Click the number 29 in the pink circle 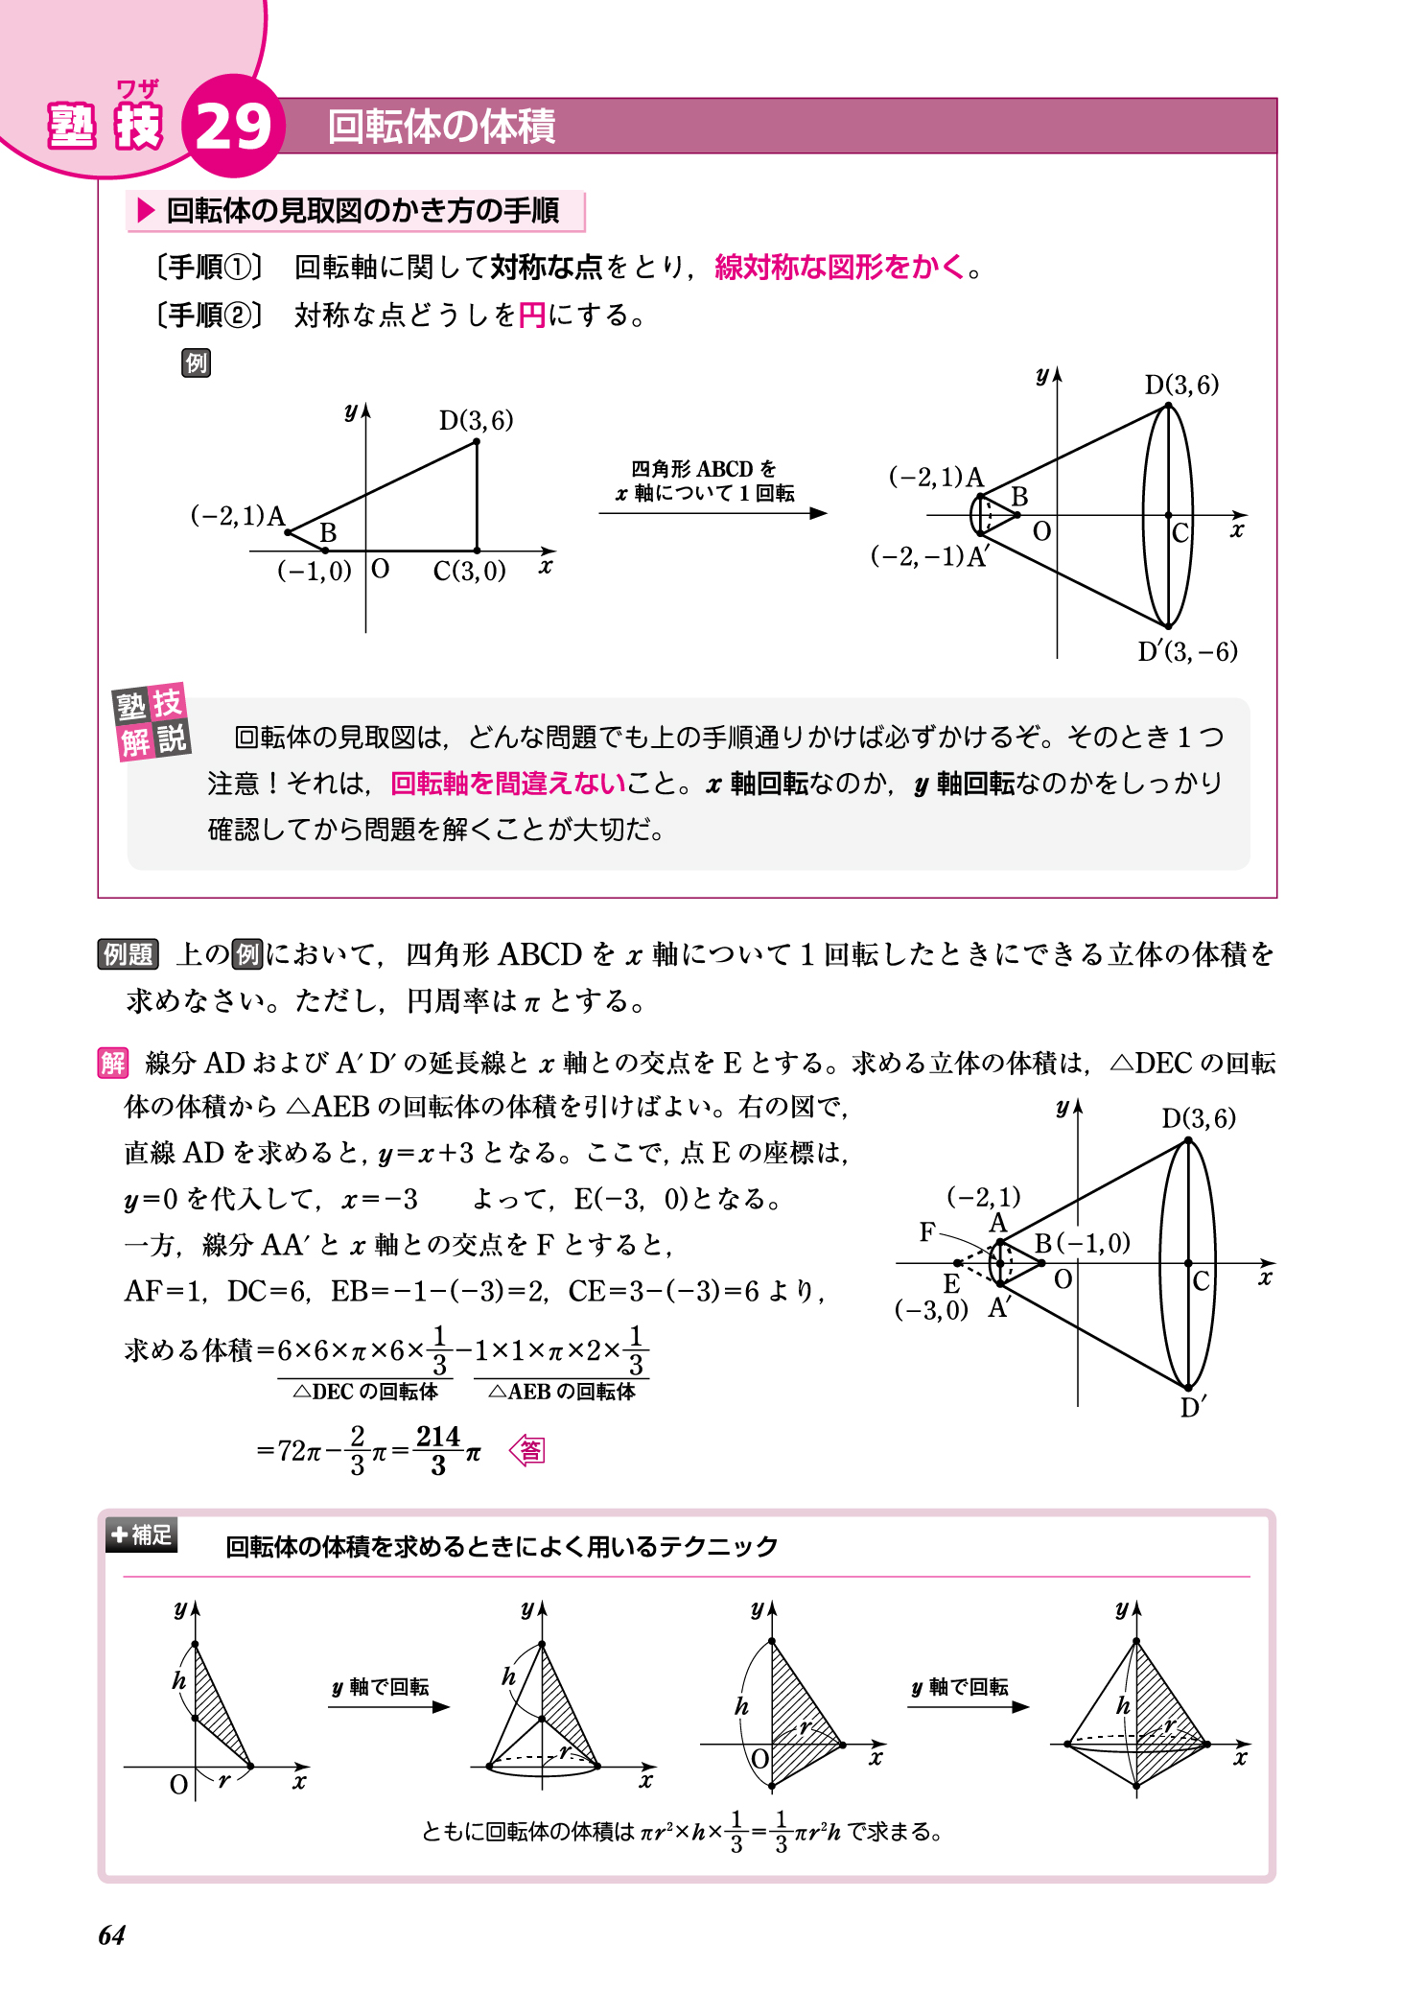[x=233, y=127]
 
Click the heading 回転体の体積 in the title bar [x=441, y=127]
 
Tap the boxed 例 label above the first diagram [x=196, y=363]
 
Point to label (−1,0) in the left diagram [x=315, y=571]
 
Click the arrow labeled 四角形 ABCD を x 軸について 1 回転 [x=712, y=513]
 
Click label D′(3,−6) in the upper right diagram [x=1187, y=652]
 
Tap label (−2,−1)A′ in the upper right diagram [x=929, y=556]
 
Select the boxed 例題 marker [x=128, y=954]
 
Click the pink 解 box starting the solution [x=112, y=1063]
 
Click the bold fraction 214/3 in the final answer [x=438, y=1450]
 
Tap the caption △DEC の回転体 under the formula [x=365, y=1392]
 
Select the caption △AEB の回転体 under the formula [x=562, y=1392]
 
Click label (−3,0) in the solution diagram [x=930, y=1310]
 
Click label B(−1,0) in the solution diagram [x=1083, y=1243]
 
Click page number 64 [x=112, y=1935]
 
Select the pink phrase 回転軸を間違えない [x=508, y=784]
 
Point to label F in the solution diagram [x=926, y=1231]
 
